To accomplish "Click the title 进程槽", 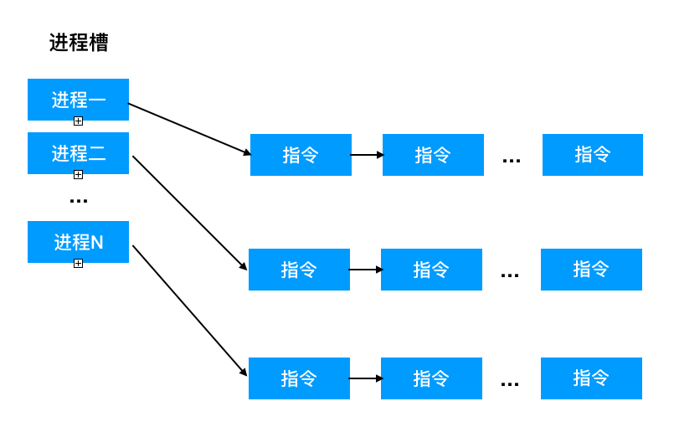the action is (x=79, y=43).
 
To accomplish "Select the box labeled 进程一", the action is (x=78, y=100).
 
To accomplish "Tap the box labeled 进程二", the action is (x=78, y=153).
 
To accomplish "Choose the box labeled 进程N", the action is (x=78, y=242).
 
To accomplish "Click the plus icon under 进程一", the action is (x=78, y=121).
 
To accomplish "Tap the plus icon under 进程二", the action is (x=78, y=175).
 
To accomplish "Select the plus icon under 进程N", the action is (x=78, y=263).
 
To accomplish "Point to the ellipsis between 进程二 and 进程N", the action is (x=79, y=201).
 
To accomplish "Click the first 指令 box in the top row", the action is (x=301, y=155).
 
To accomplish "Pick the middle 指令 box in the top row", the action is (x=434, y=155).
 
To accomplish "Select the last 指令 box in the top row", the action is (x=593, y=155).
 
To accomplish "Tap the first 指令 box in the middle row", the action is (x=299, y=270).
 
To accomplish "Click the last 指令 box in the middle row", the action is (x=591, y=270).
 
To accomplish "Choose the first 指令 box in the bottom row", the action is (x=299, y=378).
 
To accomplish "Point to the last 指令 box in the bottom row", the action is (x=591, y=378).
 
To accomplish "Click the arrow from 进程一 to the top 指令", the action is (x=189, y=129).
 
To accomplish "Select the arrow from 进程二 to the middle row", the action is (x=190, y=213).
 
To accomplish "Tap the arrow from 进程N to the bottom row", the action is (x=190, y=311).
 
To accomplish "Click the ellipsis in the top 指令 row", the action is (x=512, y=161).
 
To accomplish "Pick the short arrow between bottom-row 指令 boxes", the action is (x=366, y=378).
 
